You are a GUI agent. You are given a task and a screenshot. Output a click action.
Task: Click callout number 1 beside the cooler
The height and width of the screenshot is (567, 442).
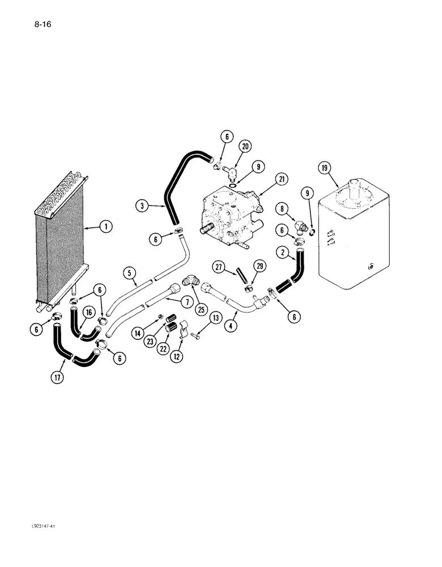[105, 227]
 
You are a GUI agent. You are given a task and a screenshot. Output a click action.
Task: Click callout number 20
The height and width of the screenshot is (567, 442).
[245, 146]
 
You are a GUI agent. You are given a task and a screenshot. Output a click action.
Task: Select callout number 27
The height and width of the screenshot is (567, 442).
[219, 266]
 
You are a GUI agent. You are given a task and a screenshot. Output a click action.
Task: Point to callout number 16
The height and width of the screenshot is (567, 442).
[89, 312]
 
